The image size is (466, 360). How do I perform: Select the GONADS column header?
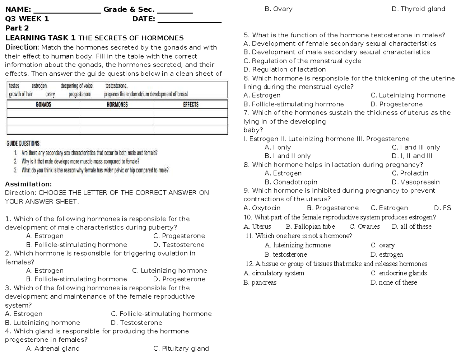(43, 104)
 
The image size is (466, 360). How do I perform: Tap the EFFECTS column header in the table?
(191, 104)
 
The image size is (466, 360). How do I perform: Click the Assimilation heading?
(26, 184)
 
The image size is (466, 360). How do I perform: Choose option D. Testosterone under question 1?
(179, 245)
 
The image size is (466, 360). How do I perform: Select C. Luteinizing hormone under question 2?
(169, 271)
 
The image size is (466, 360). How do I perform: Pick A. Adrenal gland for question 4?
(52, 348)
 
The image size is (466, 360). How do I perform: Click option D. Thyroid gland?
(419, 9)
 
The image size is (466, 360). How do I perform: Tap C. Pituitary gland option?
(181, 348)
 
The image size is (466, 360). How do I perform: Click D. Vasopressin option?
(416, 182)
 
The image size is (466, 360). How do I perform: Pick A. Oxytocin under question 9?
(262, 208)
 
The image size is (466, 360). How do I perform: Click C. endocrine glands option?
(398, 273)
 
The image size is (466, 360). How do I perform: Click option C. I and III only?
(416, 147)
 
